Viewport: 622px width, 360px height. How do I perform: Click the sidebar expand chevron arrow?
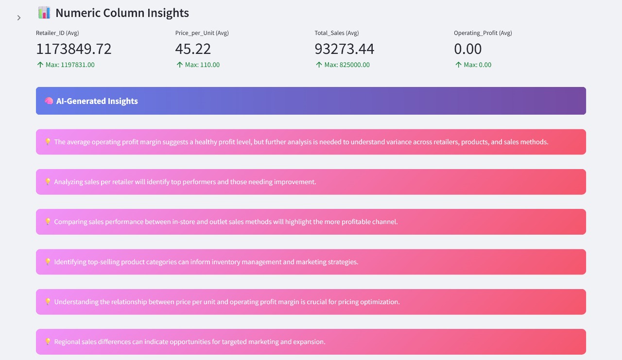(19, 18)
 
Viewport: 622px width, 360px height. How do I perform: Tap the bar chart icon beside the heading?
(44, 13)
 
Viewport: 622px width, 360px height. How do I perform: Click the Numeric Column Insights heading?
(122, 13)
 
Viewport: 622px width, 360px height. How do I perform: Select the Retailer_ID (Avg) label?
(57, 33)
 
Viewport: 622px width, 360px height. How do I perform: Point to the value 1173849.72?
(74, 49)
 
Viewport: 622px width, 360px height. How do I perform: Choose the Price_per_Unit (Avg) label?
(202, 33)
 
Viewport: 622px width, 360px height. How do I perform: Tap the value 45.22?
(193, 49)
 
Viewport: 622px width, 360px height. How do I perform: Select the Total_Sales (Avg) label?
(336, 33)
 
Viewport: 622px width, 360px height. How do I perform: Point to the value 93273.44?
(344, 49)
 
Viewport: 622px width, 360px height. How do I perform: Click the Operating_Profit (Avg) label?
(483, 33)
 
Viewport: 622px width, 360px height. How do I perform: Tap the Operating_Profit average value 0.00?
(467, 49)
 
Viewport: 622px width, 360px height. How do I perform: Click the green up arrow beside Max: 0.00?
(458, 65)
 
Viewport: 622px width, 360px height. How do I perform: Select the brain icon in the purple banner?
(49, 101)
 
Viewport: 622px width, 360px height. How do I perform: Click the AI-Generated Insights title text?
(97, 101)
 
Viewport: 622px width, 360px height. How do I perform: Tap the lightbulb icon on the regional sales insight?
(48, 342)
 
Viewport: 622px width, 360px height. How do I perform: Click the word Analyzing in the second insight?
(69, 182)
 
